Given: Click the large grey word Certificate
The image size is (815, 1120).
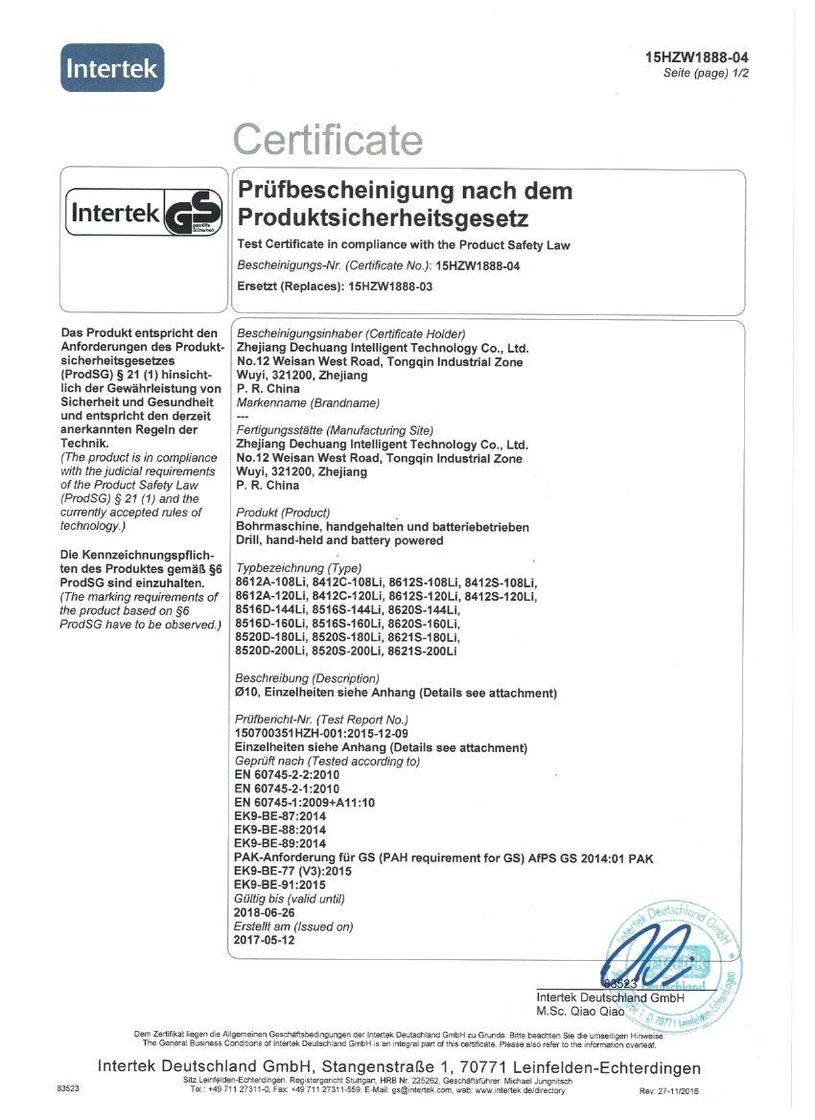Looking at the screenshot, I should pyautogui.click(x=328, y=140).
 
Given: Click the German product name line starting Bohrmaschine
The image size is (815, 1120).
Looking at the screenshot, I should pyautogui.click(x=382, y=527).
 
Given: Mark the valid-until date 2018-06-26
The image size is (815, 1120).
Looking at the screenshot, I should pyautogui.click(x=264, y=913).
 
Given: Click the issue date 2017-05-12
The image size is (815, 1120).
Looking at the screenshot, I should pyautogui.click(x=264, y=941).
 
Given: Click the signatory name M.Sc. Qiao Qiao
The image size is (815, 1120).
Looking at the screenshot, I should pyautogui.click(x=581, y=1011).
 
